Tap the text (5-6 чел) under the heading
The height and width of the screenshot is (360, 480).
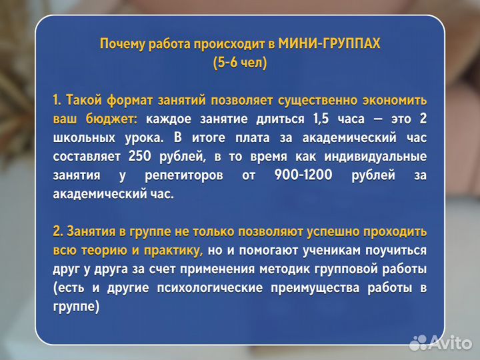click(239, 63)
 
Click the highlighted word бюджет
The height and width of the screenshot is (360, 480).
click(112, 119)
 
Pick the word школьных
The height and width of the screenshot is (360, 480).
click(83, 138)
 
